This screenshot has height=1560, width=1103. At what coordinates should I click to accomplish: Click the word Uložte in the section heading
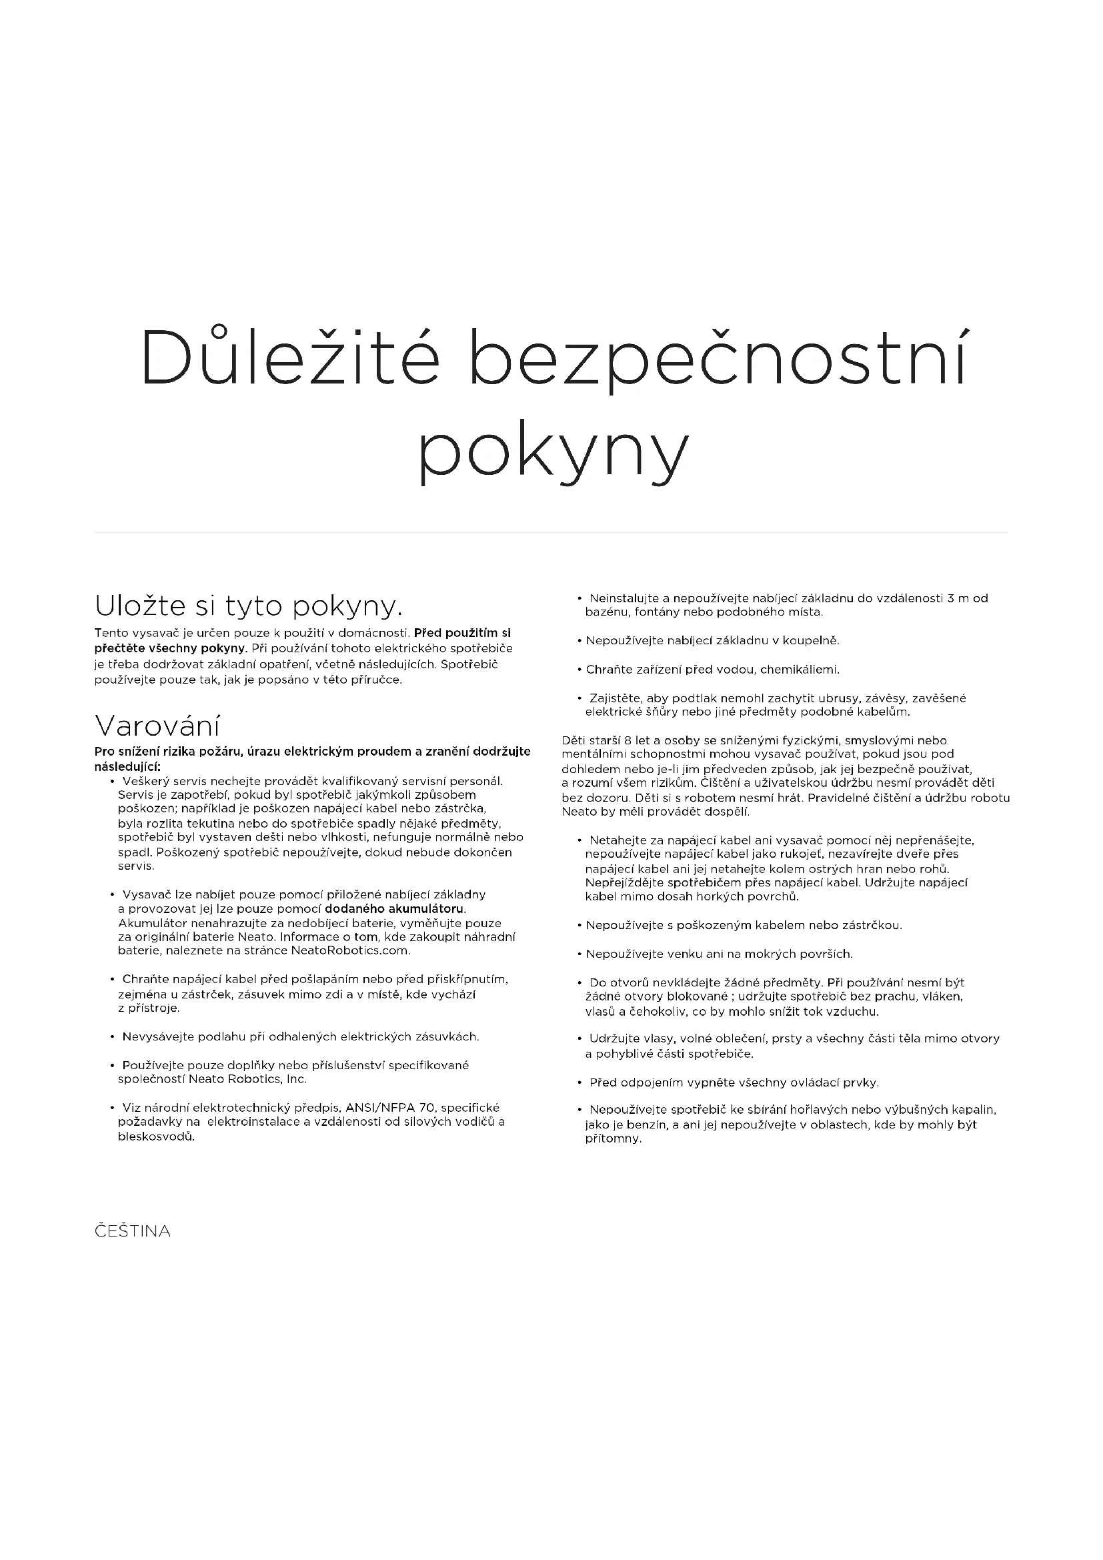click(x=140, y=606)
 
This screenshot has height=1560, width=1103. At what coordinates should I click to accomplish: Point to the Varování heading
click(x=157, y=726)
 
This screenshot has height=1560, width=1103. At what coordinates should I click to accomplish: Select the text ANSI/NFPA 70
click(x=400, y=1108)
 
